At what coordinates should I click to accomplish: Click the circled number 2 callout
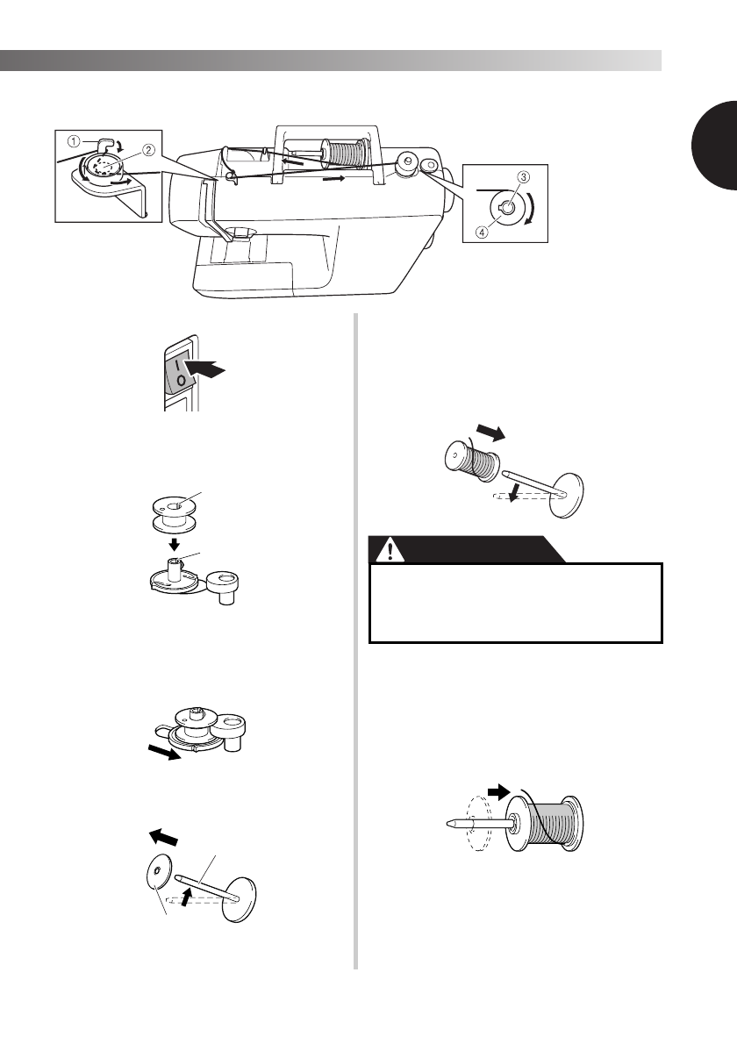tap(150, 149)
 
